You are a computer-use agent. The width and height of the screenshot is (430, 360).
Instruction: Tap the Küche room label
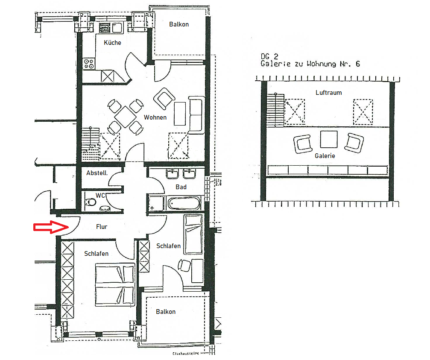click(112, 42)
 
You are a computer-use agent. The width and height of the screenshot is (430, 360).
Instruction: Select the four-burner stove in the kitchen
click(89, 64)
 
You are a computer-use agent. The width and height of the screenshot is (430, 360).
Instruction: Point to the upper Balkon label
click(178, 24)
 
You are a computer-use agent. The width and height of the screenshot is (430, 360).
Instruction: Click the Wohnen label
click(155, 117)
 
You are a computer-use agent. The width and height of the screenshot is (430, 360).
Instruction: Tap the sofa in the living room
click(196, 115)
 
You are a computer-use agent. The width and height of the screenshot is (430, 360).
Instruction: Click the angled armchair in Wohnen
click(164, 99)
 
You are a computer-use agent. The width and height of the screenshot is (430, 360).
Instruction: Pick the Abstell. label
click(97, 173)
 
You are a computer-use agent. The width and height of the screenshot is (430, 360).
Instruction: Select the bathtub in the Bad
click(184, 203)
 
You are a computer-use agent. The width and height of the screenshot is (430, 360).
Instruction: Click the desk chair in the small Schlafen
click(185, 265)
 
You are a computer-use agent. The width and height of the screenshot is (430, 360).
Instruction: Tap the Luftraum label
click(328, 92)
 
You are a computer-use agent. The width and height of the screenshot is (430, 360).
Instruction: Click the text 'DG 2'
click(269, 56)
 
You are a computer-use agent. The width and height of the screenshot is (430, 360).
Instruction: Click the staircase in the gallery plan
click(275, 111)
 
